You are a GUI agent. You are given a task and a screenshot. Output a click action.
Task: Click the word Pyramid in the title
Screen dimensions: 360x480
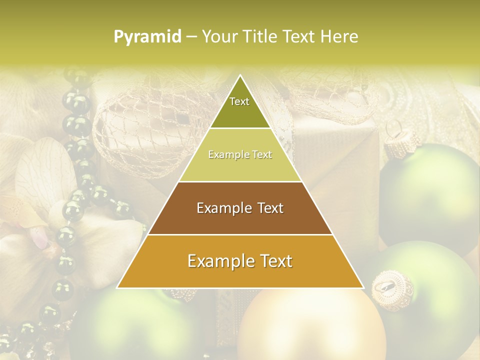tap(147, 37)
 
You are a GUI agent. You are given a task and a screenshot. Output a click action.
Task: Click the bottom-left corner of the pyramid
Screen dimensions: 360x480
tap(117, 287)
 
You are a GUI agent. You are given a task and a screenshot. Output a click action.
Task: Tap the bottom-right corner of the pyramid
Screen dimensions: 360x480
tap(363, 287)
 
